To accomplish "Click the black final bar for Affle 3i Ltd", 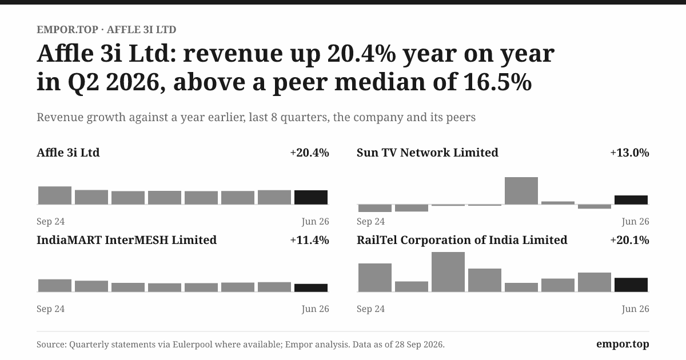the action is [311, 198].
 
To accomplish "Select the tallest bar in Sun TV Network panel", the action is [521, 191].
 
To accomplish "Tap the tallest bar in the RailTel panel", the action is [448, 272].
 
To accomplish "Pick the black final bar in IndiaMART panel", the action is [311, 288].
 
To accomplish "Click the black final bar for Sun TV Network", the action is [631, 200].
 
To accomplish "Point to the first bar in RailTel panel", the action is [375, 278].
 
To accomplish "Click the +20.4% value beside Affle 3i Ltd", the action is [310, 153].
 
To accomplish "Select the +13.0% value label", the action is [629, 153].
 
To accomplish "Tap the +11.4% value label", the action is [310, 240].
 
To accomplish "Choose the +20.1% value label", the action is [629, 240].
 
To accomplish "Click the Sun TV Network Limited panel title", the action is [428, 153].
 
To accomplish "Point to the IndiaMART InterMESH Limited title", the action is [126, 240].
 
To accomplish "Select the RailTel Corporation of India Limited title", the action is [462, 240].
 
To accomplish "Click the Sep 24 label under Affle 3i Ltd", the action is [50, 221].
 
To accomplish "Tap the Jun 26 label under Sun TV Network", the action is [635, 221].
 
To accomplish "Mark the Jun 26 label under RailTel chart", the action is [635, 309].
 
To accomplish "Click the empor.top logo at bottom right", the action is [623, 344].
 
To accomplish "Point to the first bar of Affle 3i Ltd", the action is [55, 195].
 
